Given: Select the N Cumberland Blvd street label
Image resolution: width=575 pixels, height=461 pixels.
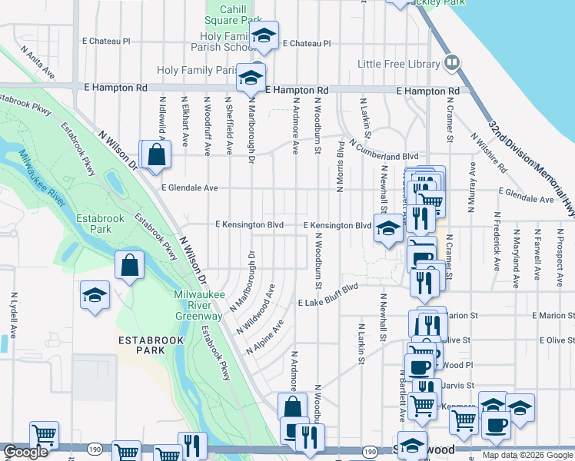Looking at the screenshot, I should (383, 149).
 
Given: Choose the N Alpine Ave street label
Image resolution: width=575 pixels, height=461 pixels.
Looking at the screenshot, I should (265, 337).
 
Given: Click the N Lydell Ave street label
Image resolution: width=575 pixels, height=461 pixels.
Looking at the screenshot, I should (14, 315).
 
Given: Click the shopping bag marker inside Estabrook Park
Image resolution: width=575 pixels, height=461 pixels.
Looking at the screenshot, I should (129, 267).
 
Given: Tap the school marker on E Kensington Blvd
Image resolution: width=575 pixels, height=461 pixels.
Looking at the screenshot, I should (388, 228).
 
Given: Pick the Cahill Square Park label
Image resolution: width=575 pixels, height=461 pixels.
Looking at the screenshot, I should (232, 13).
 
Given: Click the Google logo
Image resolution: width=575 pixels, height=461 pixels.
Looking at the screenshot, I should (25, 453).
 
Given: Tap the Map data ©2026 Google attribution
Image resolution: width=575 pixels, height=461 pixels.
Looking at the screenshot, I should (527, 455).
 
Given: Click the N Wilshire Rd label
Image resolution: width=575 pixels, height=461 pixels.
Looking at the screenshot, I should (490, 153).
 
